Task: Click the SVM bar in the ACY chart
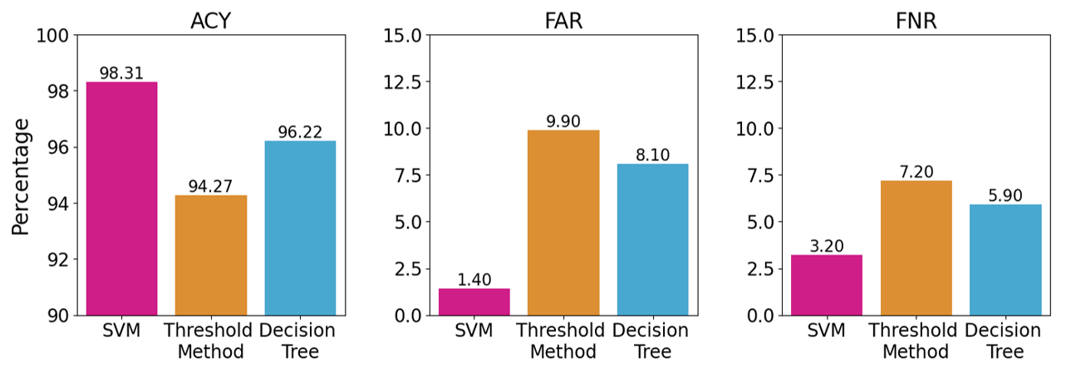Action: (x=122, y=199)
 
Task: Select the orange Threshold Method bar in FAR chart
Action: (x=563, y=223)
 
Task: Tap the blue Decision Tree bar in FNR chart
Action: (x=1005, y=260)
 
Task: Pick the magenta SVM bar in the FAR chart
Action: (x=474, y=301)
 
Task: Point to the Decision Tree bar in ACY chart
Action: (x=300, y=228)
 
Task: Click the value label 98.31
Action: (x=121, y=73)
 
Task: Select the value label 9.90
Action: (x=563, y=121)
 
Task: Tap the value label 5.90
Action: (x=1005, y=195)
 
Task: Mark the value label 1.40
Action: (x=474, y=280)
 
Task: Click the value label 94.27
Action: (x=211, y=186)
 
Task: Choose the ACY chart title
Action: (x=211, y=21)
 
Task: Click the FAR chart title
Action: (x=563, y=21)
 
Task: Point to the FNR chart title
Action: (x=916, y=21)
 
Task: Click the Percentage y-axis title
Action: (x=22, y=176)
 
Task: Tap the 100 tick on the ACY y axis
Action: (x=54, y=36)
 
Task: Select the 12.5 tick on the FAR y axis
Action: (x=403, y=82)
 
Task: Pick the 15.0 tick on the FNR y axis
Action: (x=756, y=36)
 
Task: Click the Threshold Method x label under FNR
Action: (x=916, y=340)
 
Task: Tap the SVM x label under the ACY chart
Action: (x=121, y=330)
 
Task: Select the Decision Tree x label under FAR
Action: (x=651, y=340)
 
